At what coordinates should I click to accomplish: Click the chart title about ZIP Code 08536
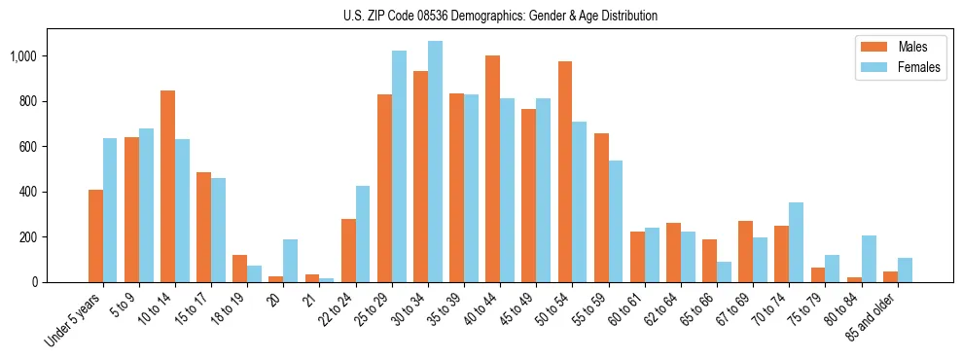(500, 16)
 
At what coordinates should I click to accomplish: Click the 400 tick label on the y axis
(27, 192)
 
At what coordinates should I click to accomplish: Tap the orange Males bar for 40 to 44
(492, 169)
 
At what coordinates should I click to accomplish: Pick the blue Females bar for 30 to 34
(435, 162)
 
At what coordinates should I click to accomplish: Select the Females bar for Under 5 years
(110, 210)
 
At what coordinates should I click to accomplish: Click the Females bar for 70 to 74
(796, 242)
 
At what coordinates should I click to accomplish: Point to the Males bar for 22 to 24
(348, 251)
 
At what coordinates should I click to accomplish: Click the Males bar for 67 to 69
(745, 252)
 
